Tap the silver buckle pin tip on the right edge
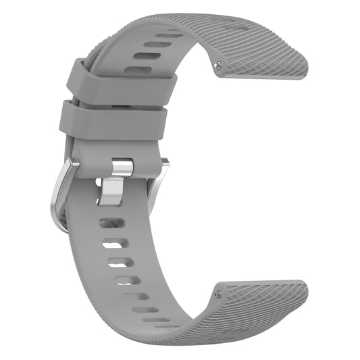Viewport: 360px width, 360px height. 165,162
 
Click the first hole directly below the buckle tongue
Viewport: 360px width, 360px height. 110,222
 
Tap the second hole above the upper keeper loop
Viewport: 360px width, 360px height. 159,45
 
